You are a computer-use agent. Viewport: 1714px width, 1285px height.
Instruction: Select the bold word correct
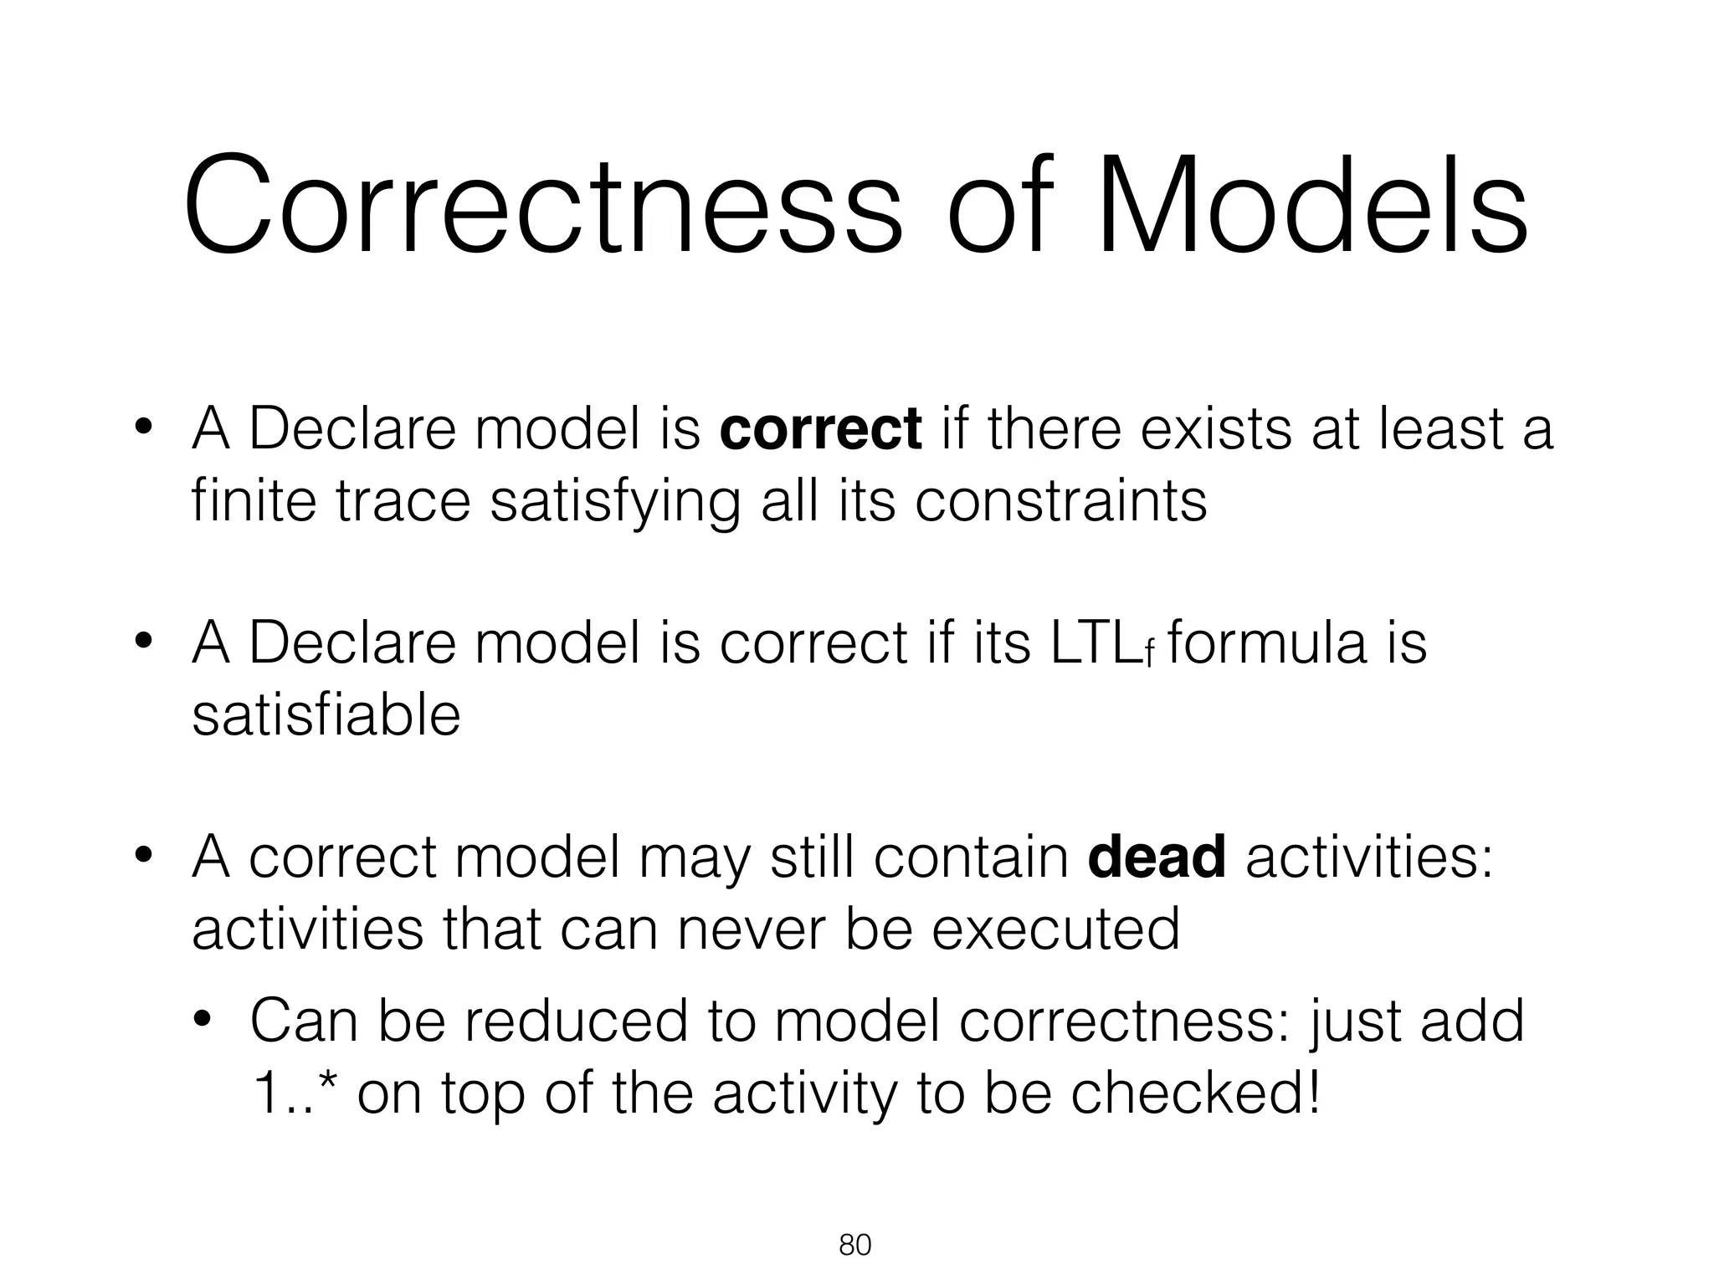(x=820, y=429)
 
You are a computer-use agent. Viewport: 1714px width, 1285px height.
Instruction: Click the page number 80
(x=854, y=1246)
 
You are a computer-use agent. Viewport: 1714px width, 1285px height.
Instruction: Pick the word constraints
(x=1060, y=501)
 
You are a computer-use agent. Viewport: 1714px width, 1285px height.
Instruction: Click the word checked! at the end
(x=1196, y=1093)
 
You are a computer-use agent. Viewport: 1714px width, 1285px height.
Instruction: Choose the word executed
(x=1055, y=929)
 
